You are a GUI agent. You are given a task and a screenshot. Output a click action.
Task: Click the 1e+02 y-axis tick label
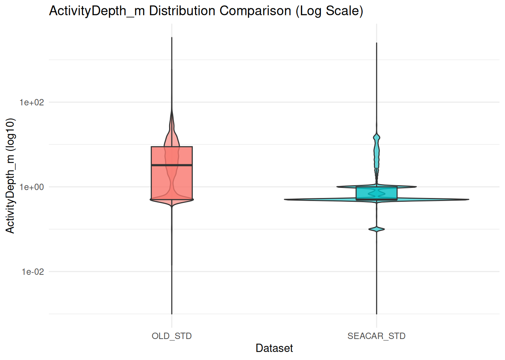click(x=32, y=102)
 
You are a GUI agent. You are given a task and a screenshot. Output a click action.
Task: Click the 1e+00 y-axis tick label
click(x=32, y=187)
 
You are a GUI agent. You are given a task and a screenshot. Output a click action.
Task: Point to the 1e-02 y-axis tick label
click(x=33, y=272)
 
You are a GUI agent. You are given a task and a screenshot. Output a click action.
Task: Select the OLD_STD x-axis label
click(x=172, y=336)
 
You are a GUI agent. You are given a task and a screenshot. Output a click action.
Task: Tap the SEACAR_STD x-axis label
click(x=376, y=336)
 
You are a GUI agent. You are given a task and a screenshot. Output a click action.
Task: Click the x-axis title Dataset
click(x=274, y=348)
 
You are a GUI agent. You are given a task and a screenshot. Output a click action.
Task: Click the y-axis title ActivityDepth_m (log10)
click(x=10, y=175)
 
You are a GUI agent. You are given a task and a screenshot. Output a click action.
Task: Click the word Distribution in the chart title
click(x=183, y=11)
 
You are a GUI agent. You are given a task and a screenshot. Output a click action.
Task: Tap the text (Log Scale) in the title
click(x=329, y=11)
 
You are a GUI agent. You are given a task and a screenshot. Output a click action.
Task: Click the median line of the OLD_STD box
click(x=172, y=165)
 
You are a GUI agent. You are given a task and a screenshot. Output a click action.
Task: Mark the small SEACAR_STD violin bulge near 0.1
click(x=376, y=229)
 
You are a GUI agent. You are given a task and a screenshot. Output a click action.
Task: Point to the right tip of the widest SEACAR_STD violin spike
click(x=468, y=199)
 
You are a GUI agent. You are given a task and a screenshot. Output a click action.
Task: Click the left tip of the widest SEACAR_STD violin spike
click(x=285, y=199)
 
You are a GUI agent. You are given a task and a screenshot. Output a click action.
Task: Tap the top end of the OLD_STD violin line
click(x=172, y=38)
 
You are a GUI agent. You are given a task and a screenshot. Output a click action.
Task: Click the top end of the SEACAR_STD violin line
click(x=376, y=43)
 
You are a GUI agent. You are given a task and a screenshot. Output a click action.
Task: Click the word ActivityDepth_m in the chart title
click(x=97, y=11)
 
